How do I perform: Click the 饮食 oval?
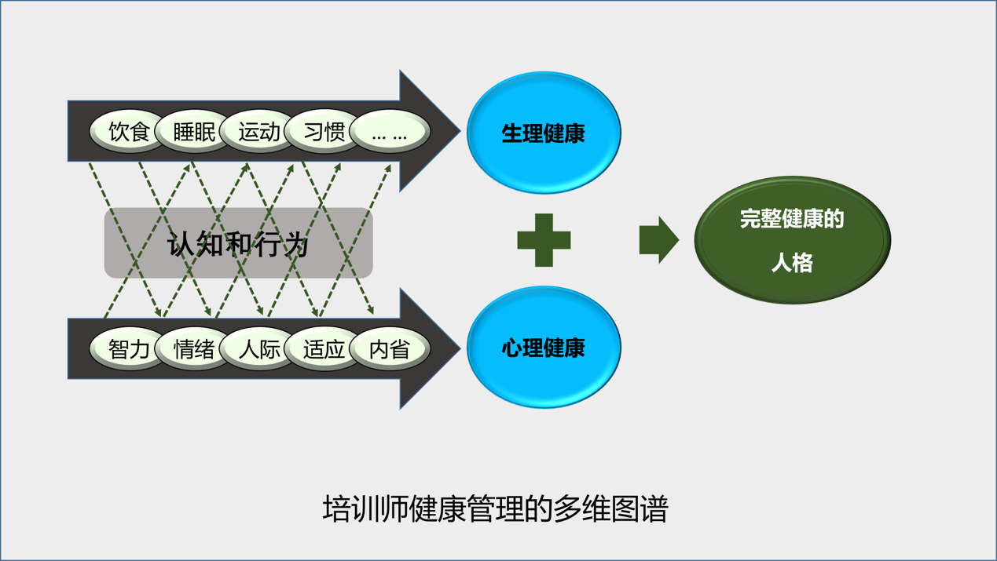[128, 132]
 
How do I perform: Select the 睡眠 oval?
[193, 132]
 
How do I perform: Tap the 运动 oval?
[258, 132]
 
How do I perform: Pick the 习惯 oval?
[324, 132]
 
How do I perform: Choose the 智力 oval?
[128, 349]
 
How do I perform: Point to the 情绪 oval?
[193, 349]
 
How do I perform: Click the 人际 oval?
[258, 349]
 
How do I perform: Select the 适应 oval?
[324, 349]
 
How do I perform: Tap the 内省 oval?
[390, 349]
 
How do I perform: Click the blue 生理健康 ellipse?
[544, 133]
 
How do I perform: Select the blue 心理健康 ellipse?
[544, 348]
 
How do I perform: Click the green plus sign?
[544, 240]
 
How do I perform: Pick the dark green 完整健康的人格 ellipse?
[792, 239]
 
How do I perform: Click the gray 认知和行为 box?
[238, 243]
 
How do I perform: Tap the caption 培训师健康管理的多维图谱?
[495, 509]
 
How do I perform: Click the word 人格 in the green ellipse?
[792, 263]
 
